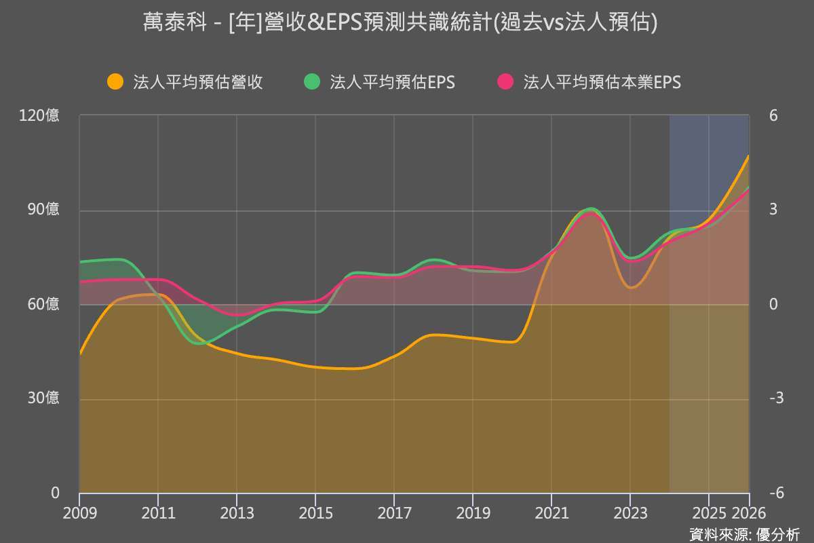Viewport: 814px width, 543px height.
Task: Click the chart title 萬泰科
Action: [x=400, y=23]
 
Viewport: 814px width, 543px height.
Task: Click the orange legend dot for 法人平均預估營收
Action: [x=115, y=82]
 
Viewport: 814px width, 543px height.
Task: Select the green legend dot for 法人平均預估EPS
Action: [x=312, y=82]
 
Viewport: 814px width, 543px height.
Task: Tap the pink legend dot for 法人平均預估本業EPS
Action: [x=505, y=82]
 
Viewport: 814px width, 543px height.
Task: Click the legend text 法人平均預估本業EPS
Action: [x=602, y=82]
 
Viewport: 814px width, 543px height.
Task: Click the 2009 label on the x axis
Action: [x=80, y=513]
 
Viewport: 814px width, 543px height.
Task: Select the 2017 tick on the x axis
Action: [x=394, y=513]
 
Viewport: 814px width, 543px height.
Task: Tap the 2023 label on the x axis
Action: [x=630, y=513]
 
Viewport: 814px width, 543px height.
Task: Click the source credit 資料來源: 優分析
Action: [x=744, y=533]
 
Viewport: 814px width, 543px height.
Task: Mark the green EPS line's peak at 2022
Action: [x=591, y=208]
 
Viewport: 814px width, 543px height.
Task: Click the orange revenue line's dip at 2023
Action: [x=631, y=288]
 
